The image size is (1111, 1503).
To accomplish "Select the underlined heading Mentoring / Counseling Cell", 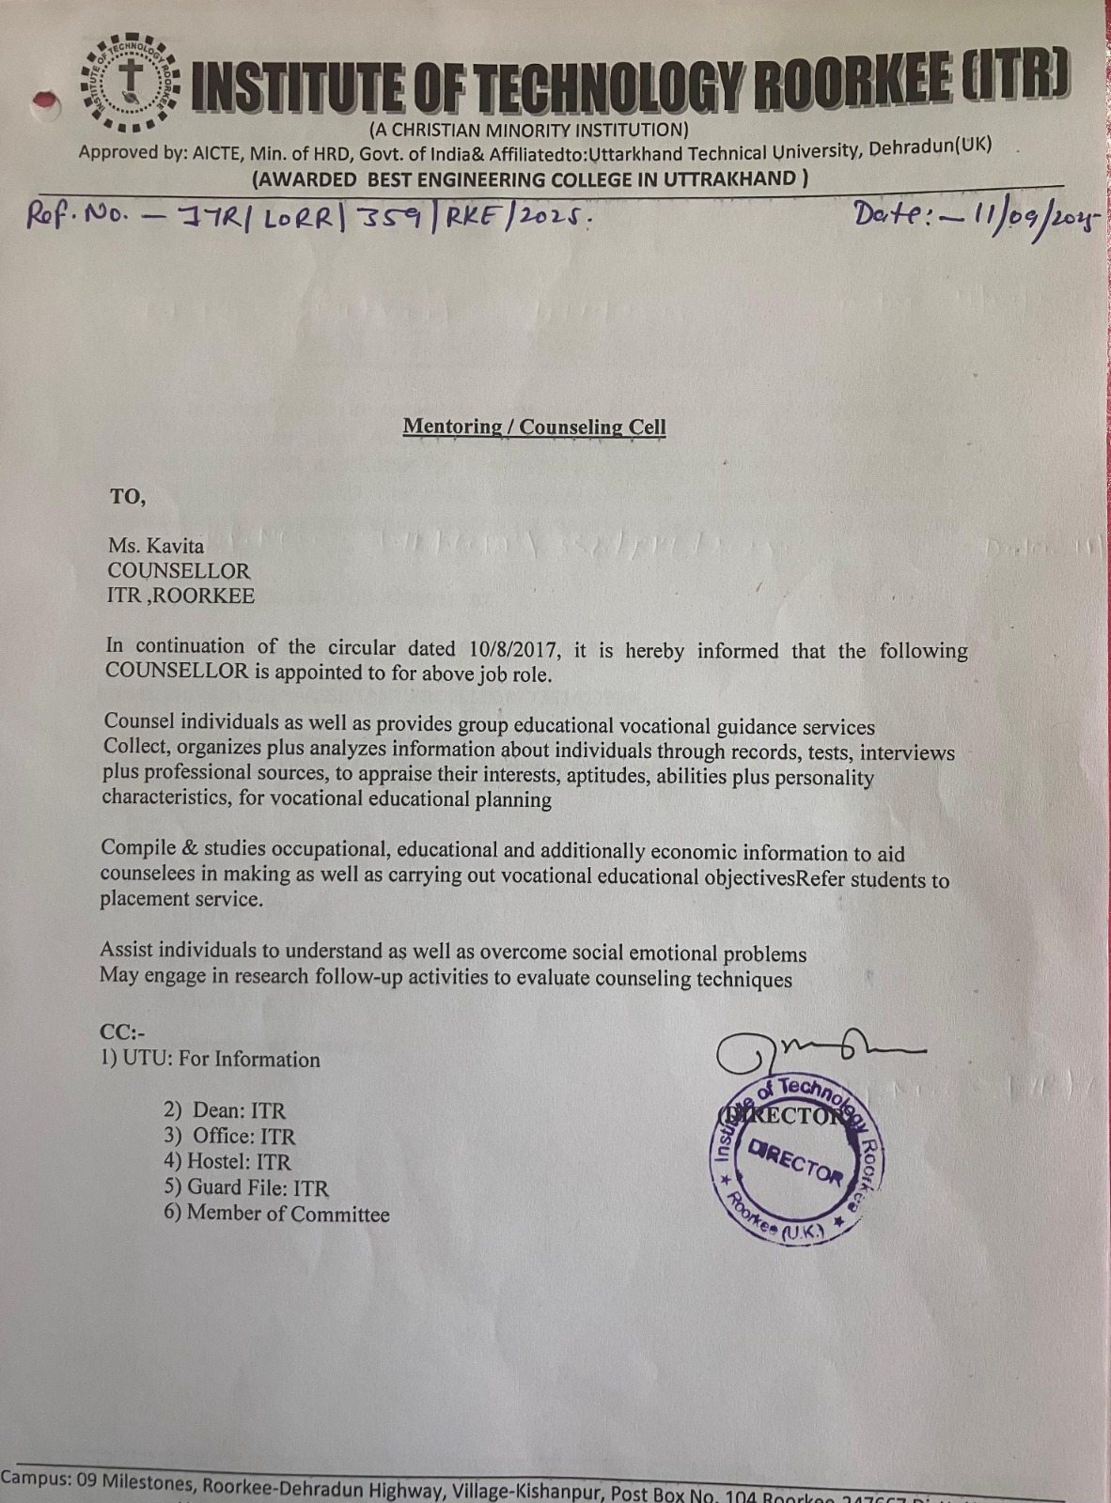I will point(534,426).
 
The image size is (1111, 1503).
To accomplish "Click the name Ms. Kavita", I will point(156,545).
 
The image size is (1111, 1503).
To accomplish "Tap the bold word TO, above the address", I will point(128,497).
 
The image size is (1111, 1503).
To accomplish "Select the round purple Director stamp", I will point(794,1160).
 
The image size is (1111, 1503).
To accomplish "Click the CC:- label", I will point(123,1032).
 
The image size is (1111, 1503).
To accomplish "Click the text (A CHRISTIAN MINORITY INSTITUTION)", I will point(528,130).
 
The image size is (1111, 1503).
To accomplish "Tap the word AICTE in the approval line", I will point(218,153).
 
